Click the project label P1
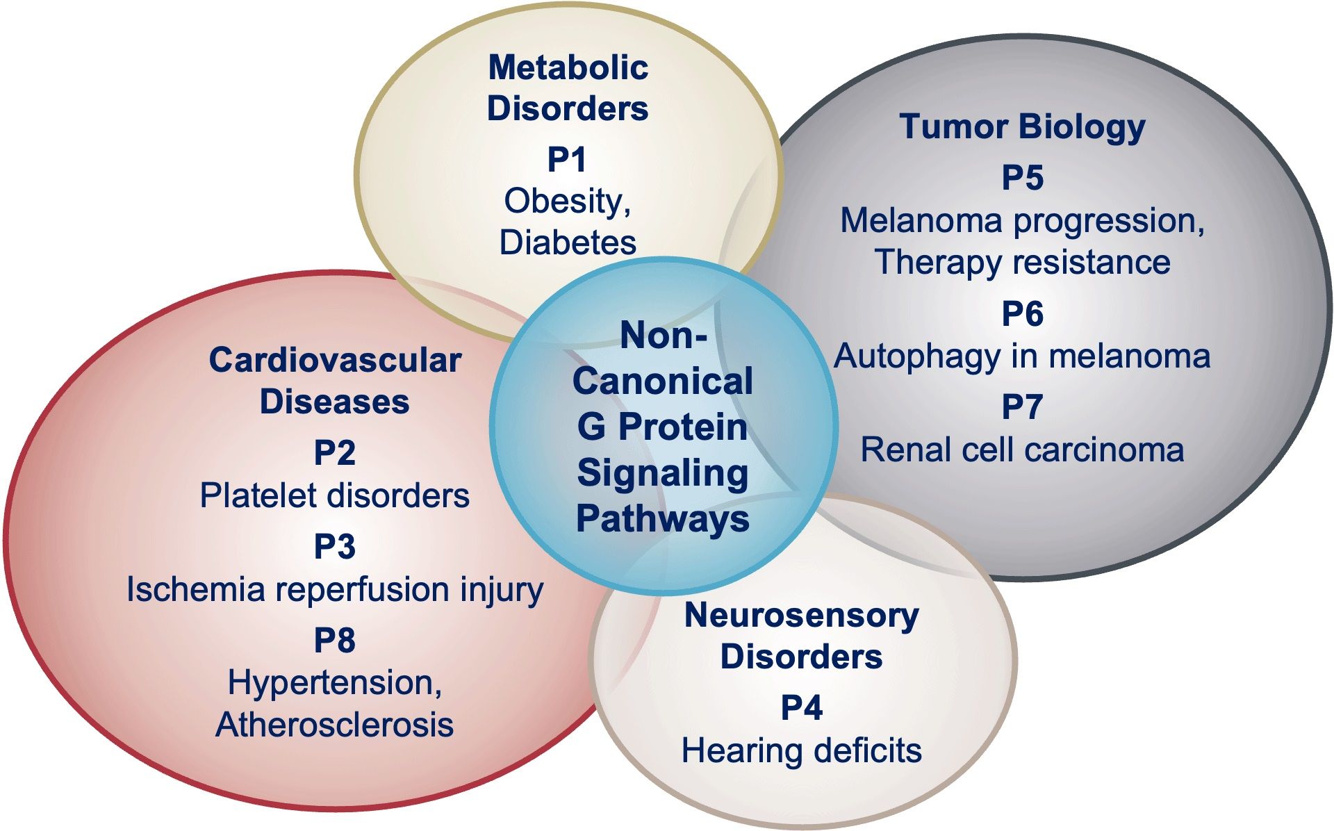coord(566,160)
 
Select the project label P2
coord(334,453)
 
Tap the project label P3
coord(334,546)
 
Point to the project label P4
coord(801,708)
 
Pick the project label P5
coord(1022,178)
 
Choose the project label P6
coord(1022,314)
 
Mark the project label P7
coord(1022,407)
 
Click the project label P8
coord(334,640)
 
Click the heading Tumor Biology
coord(1022,126)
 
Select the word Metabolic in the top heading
coord(568,68)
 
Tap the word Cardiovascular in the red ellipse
coord(335,361)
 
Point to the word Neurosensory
coord(801,616)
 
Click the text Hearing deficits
coord(801,750)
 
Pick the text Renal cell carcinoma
coord(1022,450)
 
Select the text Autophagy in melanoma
coord(1022,356)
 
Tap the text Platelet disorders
coord(334,495)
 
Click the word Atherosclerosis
coord(334,725)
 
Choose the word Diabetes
coord(568,242)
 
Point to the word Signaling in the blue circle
coord(663,474)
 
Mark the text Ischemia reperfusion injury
coord(334,590)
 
